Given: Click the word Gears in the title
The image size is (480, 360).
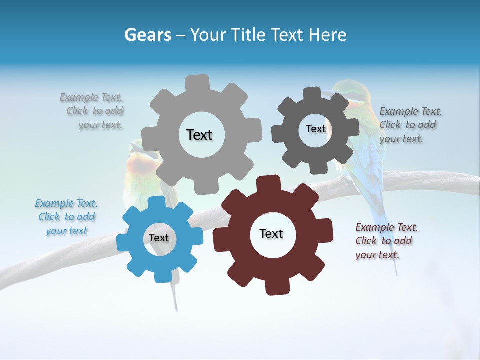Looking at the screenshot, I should click(147, 35).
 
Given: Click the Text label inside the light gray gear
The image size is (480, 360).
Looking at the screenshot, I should click(199, 135).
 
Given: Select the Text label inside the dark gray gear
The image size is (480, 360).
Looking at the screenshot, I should click(315, 129).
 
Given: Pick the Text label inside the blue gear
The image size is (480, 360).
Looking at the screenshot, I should click(159, 238).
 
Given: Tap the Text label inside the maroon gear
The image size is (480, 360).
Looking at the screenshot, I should click(271, 233).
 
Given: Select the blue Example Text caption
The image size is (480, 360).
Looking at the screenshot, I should click(67, 217).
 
